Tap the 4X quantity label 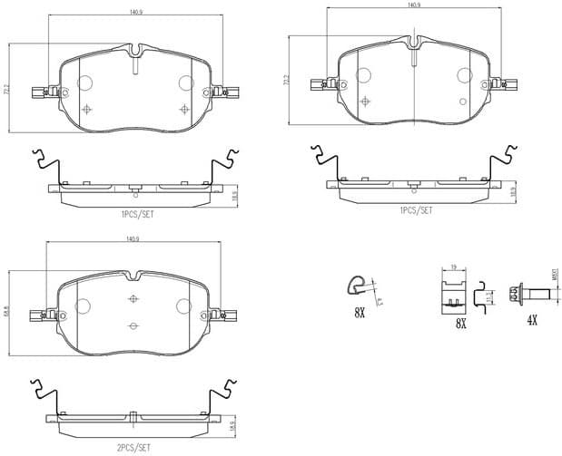[x=532, y=320]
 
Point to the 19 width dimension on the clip [x=452, y=267]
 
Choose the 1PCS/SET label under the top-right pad [x=414, y=209]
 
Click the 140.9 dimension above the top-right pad [x=414, y=5]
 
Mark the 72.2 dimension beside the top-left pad [x=7, y=91]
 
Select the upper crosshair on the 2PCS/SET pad [x=133, y=299]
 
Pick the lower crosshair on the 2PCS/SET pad [x=133, y=326]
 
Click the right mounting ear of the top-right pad [x=508, y=85]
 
